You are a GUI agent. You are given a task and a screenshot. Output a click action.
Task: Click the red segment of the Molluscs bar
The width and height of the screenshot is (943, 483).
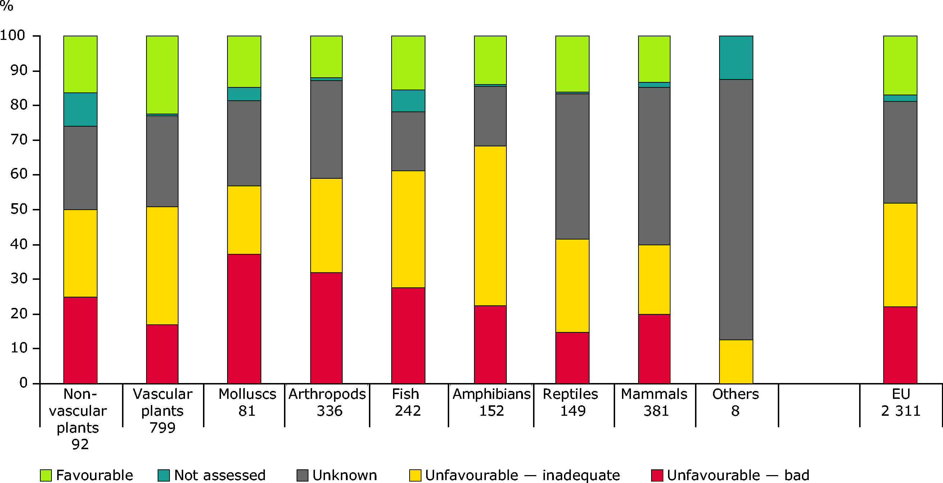[x=244, y=318]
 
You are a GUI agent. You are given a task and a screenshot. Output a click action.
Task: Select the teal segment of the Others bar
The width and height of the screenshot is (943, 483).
[x=736, y=58]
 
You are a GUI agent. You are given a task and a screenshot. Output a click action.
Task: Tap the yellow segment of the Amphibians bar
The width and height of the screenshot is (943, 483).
[x=490, y=225]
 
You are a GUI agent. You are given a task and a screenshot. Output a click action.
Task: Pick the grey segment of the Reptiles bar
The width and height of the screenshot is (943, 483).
[x=572, y=167]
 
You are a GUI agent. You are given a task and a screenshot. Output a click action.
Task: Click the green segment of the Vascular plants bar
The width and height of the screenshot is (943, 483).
[x=162, y=75]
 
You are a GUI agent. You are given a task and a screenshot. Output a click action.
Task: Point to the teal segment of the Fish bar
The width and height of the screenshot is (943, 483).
[x=408, y=101]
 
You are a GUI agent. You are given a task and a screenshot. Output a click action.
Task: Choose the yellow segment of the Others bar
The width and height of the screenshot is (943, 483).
[x=736, y=361]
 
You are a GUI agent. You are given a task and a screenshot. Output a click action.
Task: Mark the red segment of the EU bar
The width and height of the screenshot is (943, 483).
[x=900, y=345]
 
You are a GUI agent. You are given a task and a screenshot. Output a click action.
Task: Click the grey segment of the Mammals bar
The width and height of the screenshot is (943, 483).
[x=654, y=166]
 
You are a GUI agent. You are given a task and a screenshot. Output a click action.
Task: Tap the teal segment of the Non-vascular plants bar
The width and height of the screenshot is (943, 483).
[x=80, y=109]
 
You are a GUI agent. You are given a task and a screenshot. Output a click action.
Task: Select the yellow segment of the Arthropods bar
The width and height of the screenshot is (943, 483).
[x=326, y=225]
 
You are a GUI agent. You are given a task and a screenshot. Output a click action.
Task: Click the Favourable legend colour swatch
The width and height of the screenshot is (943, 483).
[x=46, y=475]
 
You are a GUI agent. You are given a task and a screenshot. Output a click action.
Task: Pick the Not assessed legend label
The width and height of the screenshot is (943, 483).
[x=220, y=475]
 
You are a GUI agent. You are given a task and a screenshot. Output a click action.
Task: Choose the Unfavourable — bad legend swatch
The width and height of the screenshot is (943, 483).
[x=657, y=475]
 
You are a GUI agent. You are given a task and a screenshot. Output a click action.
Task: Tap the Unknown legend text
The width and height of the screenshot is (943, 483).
[x=344, y=475]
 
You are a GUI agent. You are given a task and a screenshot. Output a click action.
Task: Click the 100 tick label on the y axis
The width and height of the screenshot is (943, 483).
[x=13, y=36]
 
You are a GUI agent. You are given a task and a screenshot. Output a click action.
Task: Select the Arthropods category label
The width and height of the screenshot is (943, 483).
[x=327, y=394]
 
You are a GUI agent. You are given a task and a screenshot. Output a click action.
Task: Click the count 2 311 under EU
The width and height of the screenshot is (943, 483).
[x=901, y=411]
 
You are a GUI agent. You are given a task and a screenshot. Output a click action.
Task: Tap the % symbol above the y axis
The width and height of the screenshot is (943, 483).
[x=6, y=6]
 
